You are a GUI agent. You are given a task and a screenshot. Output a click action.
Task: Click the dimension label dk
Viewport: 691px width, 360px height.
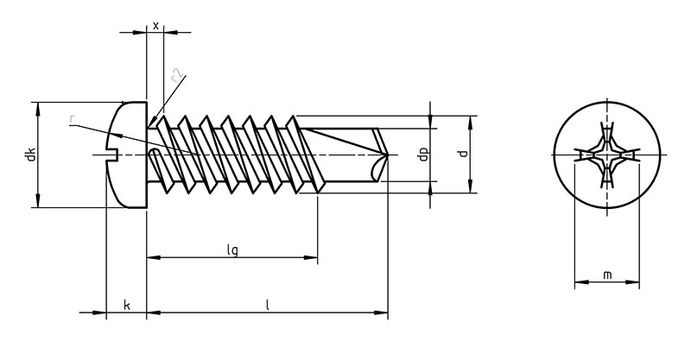30,155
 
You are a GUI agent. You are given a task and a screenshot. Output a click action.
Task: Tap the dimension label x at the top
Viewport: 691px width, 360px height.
155,26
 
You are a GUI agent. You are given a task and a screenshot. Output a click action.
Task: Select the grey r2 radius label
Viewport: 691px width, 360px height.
177,76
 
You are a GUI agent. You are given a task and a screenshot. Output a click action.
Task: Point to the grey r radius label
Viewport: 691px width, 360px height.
72,119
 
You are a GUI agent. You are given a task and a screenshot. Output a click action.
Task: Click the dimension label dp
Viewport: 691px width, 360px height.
423,155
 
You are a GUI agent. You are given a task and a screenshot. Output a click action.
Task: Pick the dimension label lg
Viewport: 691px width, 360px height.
232,249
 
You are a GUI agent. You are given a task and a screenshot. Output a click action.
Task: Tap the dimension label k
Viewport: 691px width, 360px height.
126,305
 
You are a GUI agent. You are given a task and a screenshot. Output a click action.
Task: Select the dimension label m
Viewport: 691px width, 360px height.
607,275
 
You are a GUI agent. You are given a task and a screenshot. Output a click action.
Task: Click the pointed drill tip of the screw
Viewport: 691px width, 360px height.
387,155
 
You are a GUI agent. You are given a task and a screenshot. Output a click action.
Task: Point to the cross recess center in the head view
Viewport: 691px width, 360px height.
607,155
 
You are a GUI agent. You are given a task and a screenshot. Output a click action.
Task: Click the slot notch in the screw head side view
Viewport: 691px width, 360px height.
114,155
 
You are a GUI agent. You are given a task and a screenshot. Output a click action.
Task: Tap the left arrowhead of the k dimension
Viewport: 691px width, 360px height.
99,313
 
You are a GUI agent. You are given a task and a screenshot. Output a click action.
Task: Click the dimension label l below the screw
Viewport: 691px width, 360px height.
267,305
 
